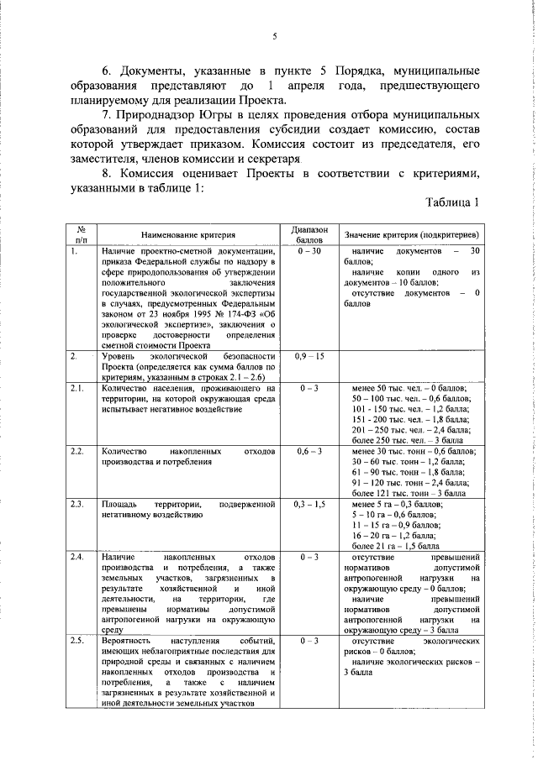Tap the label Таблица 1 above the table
point(451,202)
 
